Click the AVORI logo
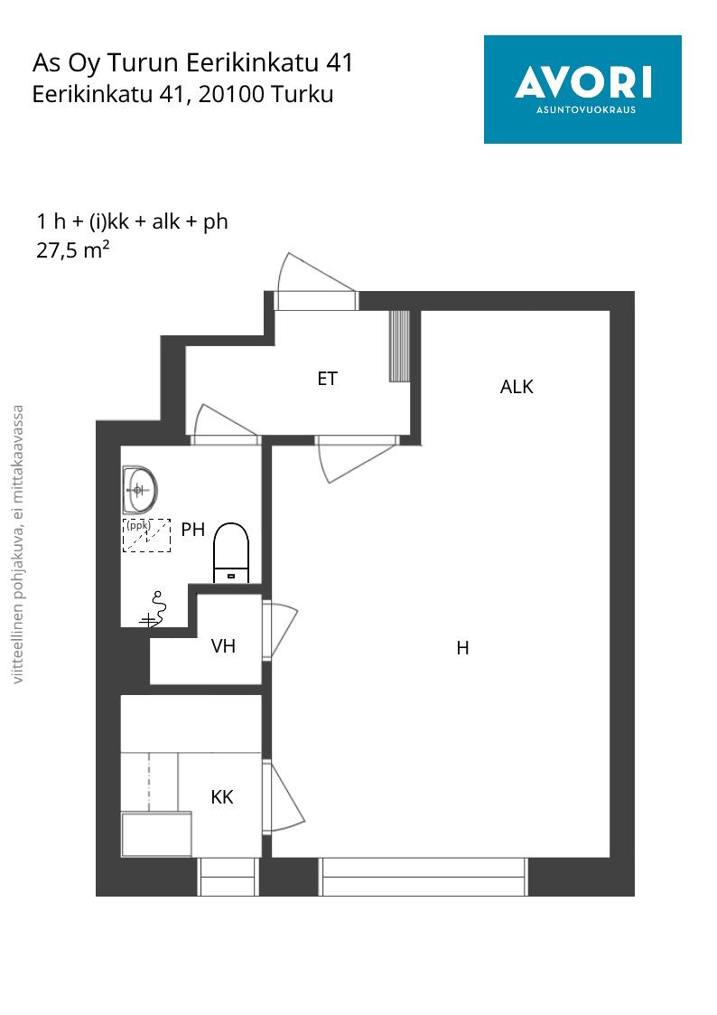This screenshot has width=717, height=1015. tap(582, 89)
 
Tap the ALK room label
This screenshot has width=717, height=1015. tap(517, 387)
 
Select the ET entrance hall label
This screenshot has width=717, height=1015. tap(327, 379)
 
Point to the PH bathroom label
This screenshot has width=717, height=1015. tap(192, 530)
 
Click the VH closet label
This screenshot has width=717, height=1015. tap(223, 646)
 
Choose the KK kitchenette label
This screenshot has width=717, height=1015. tap(222, 797)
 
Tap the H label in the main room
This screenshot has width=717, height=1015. tap(462, 648)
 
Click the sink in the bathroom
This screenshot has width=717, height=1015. tap(140, 489)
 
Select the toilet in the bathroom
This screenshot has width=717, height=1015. tap(231, 552)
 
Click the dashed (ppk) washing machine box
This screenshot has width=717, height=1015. tap(147, 535)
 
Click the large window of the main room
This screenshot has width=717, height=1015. tap(424, 877)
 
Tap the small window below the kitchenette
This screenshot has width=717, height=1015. tap(228, 877)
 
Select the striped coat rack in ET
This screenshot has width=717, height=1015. tap(399, 346)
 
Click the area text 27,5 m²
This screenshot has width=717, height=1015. tap(73, 249)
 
